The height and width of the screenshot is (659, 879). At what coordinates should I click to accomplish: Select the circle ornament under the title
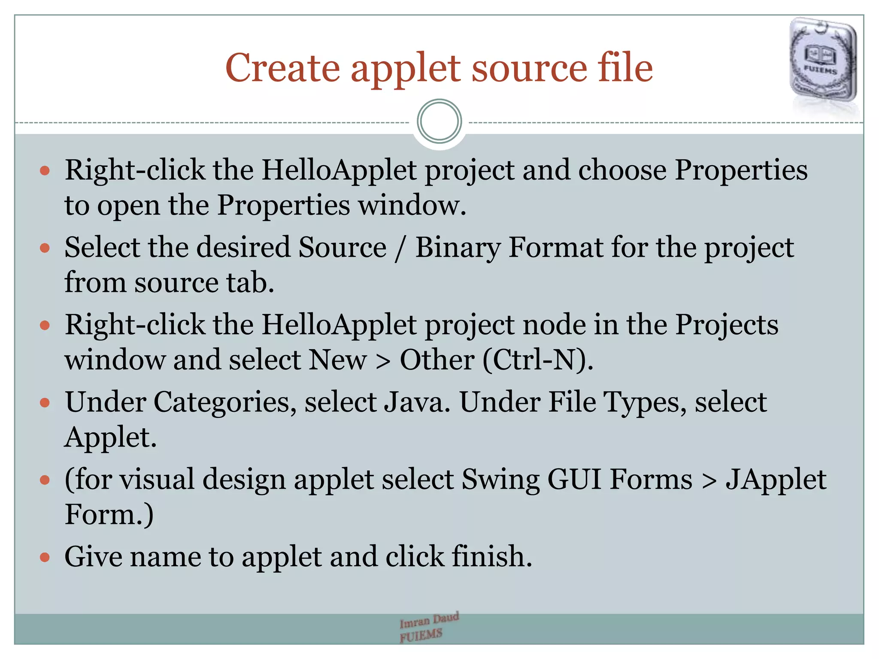[x=439, y=121]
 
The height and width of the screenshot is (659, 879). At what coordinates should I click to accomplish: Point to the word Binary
[x=458, y=248]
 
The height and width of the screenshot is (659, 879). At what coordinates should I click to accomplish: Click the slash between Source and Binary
[x=400, y=249]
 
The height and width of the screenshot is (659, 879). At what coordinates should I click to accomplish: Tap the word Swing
[x=500, y=480]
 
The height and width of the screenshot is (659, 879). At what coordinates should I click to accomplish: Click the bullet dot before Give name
[x=45, y=557]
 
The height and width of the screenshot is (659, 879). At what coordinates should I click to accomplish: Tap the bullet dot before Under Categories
[x=45, y=403]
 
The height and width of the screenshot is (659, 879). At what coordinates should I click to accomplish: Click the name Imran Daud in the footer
[x=429, y=620]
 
